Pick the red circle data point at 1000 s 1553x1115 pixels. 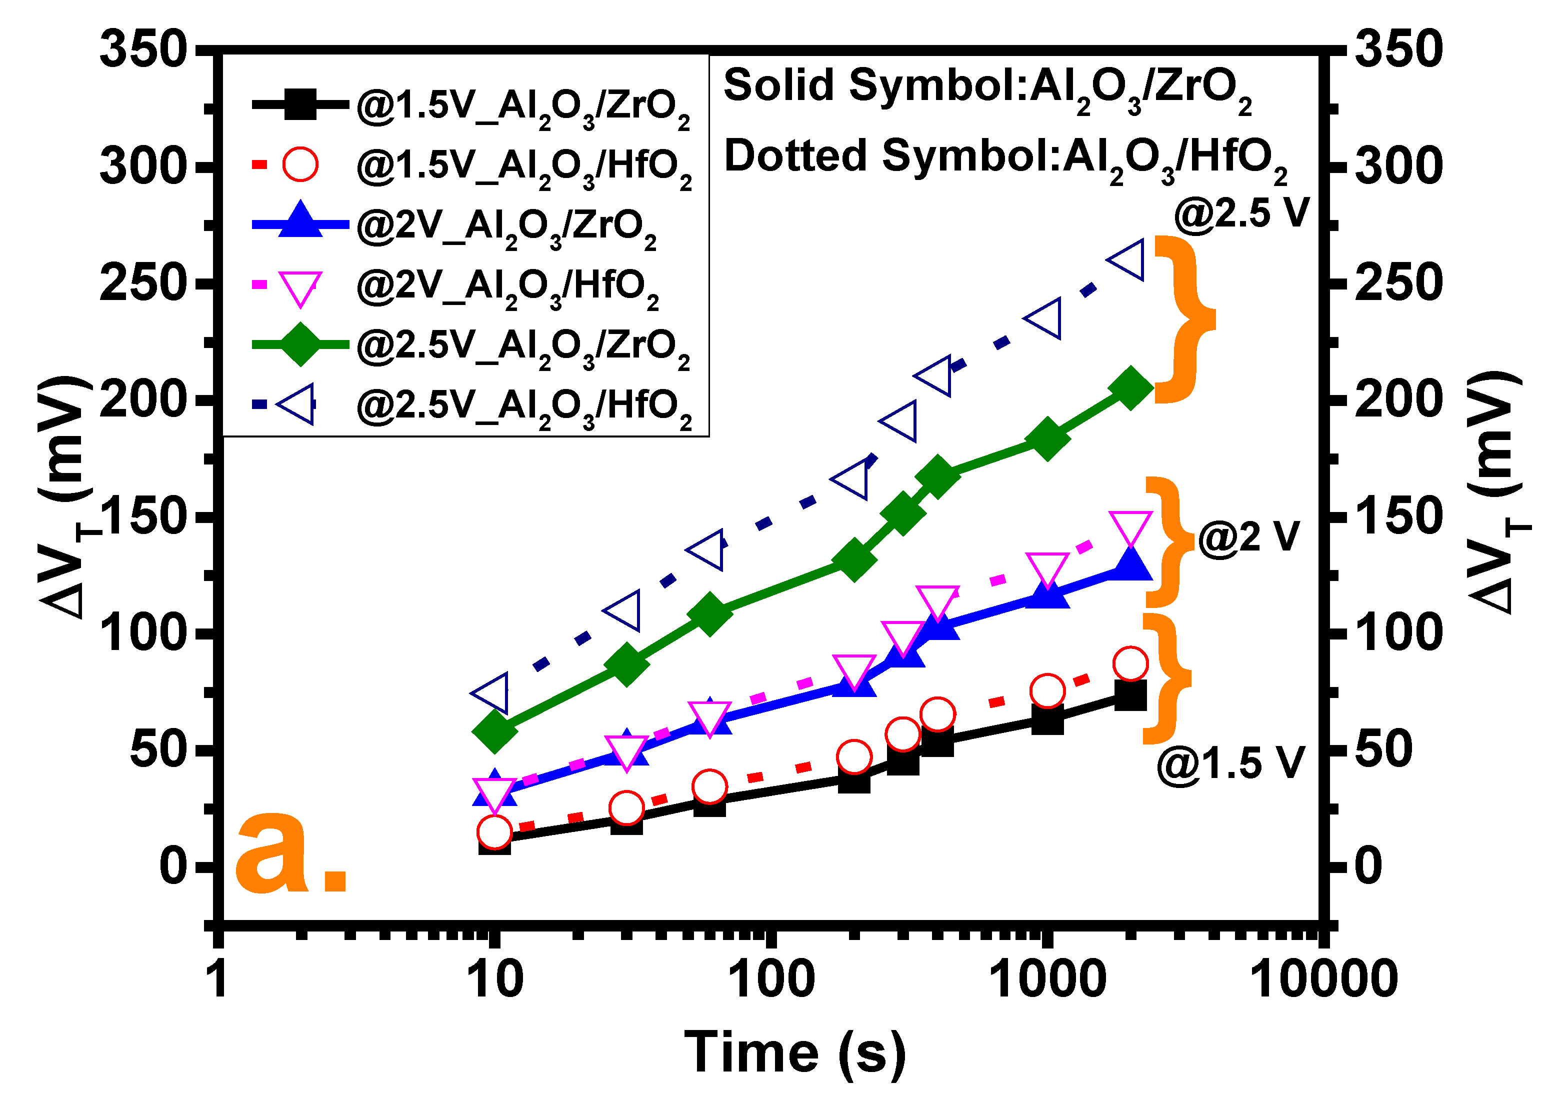coord(1046,691)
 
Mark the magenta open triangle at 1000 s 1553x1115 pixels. coord(1047,568)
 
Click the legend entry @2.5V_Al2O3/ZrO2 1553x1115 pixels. coord(523,346)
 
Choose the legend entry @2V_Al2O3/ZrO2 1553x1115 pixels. coord(506,226)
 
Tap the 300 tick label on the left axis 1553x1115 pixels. coord(143,166)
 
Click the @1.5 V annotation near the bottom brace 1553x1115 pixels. coord(1230,763)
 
